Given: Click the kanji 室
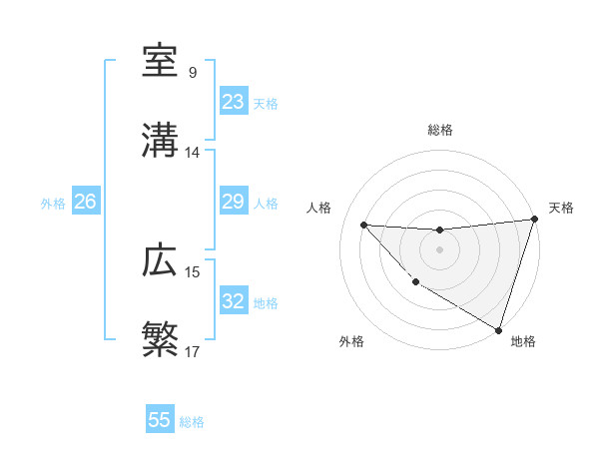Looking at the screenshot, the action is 161,62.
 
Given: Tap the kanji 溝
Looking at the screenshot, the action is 161,141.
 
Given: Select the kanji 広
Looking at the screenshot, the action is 161,261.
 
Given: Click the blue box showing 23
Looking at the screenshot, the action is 234,102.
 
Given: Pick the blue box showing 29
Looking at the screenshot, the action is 234,202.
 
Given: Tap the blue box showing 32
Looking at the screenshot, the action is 234,301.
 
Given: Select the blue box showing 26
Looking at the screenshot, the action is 85,202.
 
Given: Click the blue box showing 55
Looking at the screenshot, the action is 160,420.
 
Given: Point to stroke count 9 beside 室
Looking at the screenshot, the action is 193,73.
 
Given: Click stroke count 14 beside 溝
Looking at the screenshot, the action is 193,153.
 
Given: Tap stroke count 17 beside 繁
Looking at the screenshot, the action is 193,352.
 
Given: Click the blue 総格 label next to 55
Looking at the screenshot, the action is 192,422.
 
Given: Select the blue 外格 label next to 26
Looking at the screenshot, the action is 53,204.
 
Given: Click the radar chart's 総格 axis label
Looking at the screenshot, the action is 440,130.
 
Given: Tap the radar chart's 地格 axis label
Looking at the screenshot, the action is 523,341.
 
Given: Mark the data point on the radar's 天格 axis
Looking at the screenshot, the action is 533,220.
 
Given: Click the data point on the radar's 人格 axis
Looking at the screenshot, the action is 363,225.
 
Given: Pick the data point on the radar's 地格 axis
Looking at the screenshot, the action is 498,329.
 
